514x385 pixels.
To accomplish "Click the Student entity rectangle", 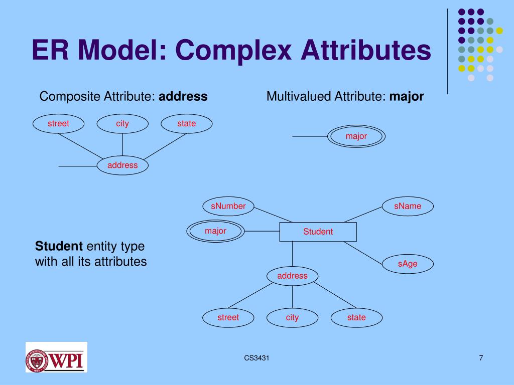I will [x=318, y=232].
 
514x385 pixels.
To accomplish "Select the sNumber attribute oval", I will [x=228, y=206].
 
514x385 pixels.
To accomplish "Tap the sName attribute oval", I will [x=408, y=206].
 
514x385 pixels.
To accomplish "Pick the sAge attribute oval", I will [x=408, y=264].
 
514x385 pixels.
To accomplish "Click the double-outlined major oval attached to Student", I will [x=215, y=231].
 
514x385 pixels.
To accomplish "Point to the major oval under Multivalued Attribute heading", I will [x=356, y=136].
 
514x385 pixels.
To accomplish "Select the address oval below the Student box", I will [x=292, y=276].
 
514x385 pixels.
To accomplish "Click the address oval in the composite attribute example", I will [x=122, y=165].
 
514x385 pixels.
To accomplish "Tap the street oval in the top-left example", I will [x=58, y=124].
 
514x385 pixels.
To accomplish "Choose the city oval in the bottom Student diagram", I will [x=292, y=317].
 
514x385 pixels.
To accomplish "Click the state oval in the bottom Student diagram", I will [x=356, y=317].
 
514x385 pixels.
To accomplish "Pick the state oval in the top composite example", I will [x=186, y=124].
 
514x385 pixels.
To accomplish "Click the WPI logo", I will [x=56, y=357].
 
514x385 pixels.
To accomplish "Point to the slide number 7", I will [x=481, y=357].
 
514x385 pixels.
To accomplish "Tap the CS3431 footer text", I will [x=256, y=357].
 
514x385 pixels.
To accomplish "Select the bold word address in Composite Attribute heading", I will [x=183, y=96].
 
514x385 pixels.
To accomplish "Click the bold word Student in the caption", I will [x=59, y=246].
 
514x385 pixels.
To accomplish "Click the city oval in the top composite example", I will [x=122, y=124].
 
